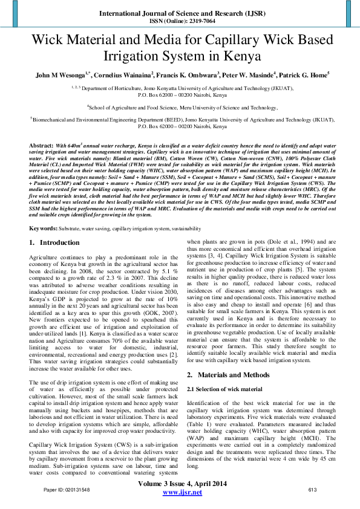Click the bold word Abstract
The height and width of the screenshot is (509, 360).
[x=41, y=146]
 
